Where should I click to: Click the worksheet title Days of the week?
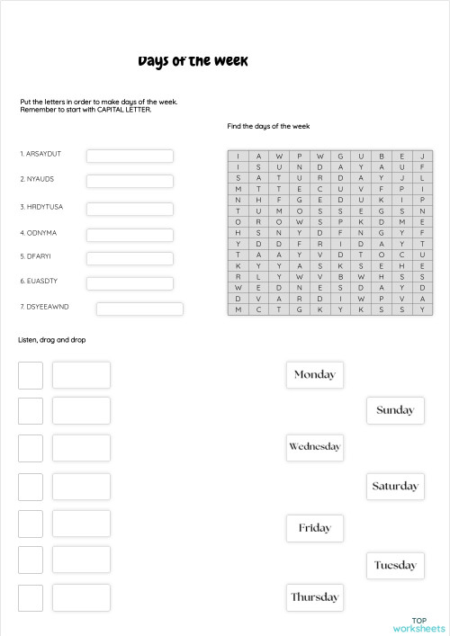point(193,61)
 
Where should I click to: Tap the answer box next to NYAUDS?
point(130,181)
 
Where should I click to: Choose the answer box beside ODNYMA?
point(130,235)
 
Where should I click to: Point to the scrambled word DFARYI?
point(37,256)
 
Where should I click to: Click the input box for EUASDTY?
point(130,283)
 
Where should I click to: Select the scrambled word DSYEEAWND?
point(44,307)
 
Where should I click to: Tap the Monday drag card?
point(314,374)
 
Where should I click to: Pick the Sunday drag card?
point(395,410)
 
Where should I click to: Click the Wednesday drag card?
point(314,446)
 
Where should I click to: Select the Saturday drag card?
point(395,487)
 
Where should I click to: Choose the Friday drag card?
point(314,528)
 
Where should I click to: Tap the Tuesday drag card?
point(395,565)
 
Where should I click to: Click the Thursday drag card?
point(314,596)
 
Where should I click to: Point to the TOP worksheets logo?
point(418,624)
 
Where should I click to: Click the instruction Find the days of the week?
point(268,127)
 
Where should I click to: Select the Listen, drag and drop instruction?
point(52,340)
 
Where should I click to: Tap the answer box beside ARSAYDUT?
point(130,156)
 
